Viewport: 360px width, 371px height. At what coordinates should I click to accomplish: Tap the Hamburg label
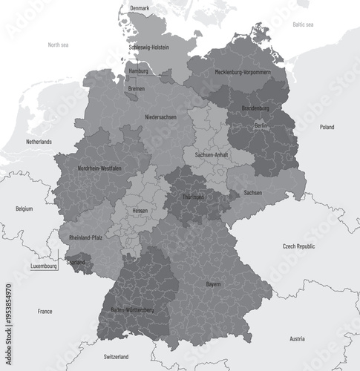139,71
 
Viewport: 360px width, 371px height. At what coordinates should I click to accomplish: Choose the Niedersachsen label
161,117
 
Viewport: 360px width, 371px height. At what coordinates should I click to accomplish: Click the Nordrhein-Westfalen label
99,168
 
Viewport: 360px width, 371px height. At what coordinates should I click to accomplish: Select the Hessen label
140,211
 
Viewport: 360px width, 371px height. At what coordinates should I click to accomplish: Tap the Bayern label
214,284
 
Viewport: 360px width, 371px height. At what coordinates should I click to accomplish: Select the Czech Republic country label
299,246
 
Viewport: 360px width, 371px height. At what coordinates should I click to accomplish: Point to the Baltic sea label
303,24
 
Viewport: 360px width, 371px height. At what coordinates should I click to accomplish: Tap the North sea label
59,45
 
